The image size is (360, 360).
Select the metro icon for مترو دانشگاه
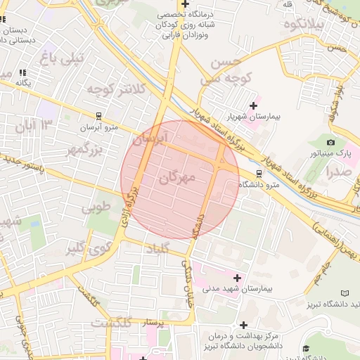[259, 173]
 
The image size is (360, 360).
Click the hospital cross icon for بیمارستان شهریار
[252, 105]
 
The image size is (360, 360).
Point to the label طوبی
[96, 207]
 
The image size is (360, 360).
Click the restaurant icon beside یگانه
[22, 72]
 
